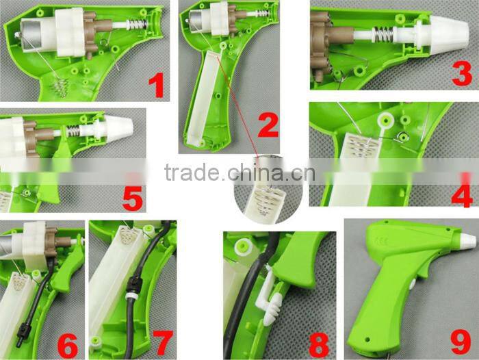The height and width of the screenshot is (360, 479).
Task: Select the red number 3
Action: coord(462,74)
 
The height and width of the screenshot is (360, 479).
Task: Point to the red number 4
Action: coord(461,194)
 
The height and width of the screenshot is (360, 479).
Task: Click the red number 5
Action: coord(131,198)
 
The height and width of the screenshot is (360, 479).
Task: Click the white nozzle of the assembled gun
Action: coord(467,240)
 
